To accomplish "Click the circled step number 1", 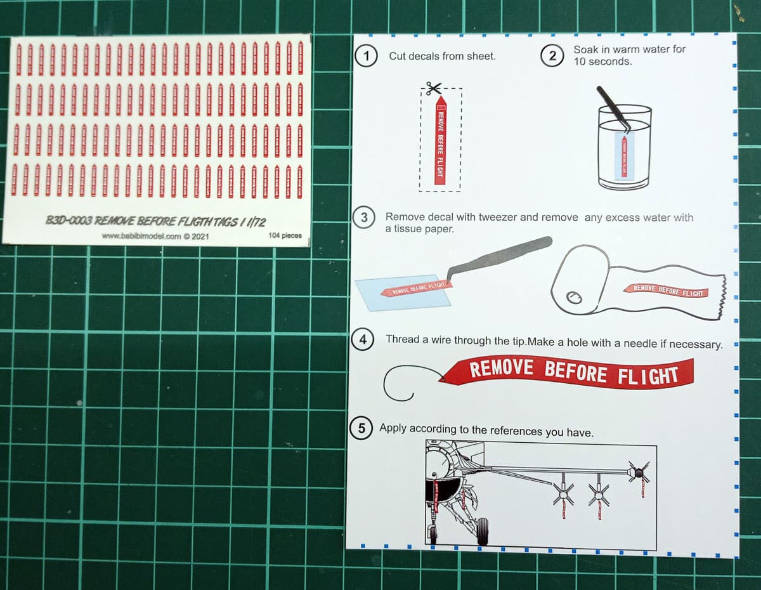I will coord(365,55).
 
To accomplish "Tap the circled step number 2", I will coord(552,56).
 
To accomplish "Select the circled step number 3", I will coord(364,218).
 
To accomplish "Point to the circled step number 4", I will coord(363,340).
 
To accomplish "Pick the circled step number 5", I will coord(361,429).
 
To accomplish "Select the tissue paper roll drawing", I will coord(580,285).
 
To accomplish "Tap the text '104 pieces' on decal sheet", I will coord(285,235).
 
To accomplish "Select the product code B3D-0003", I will coord(69,221).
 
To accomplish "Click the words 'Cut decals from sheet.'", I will coord(442,56).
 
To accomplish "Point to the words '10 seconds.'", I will coord(602,62).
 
